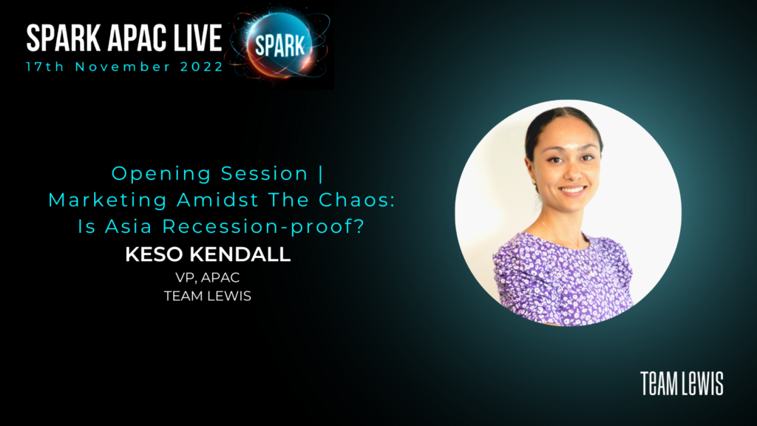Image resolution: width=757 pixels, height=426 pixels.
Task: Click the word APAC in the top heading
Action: (x=136, y=38)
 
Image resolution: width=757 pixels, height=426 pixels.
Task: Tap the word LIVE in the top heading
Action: (x=197, y=38)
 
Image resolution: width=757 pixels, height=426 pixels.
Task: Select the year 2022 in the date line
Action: (x=202, y=67)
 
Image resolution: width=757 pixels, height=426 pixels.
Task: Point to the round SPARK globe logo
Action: (x=279, y=46)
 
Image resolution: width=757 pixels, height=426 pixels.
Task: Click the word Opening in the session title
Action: (x=161, y=174)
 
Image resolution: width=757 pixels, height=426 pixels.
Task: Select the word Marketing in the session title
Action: (x=108, y=200)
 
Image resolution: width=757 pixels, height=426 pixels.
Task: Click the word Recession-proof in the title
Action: (x=262, y=226)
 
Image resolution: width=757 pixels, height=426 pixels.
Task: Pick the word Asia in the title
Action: (x=129, y=226)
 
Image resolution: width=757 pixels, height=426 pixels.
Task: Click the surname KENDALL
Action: (x=240, y=254)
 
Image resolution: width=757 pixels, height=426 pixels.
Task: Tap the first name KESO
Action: (x=155, y=254)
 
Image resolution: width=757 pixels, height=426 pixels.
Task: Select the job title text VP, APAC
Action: (x=208, y=278)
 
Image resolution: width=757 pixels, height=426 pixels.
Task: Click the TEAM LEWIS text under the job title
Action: (x=208, y=296)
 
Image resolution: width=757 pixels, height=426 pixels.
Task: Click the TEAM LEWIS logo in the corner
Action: (x=682, y=384)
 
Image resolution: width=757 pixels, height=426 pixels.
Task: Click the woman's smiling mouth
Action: (x=573, y=190)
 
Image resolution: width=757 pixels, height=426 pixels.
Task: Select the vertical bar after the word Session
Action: (x=321, y=174)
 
